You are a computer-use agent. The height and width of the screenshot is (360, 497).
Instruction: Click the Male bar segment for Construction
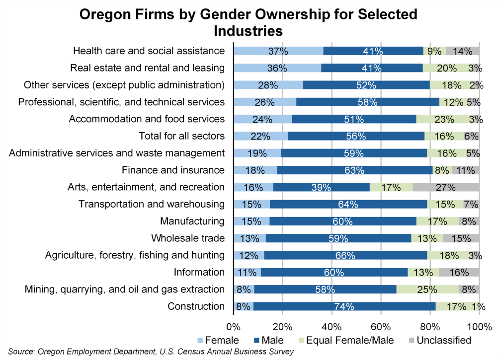pyautogui.click(x=344, y=306)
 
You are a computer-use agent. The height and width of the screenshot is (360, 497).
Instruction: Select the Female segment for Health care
pyautogui.click(x=278, y=51)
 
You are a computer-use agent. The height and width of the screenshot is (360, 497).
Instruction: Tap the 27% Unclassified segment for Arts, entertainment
pyautogui.click(x=446, y=187)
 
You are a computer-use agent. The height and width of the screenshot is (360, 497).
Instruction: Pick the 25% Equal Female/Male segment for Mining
pyautogui.click(x=427, y=289)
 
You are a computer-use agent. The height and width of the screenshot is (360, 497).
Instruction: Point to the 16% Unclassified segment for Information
pyautogui.click(x=459, y=272)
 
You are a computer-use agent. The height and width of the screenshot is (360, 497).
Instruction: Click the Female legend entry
pyautogui.click(x=218, y=340)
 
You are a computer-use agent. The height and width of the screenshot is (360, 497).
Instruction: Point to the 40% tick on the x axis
pyautogui.click(x=331, y=327)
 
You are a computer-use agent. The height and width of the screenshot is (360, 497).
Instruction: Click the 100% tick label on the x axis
pyautogui.click(x=479, y=327)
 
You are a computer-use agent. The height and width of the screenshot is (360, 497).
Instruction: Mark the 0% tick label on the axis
pyautogui.click(x=234, y=327)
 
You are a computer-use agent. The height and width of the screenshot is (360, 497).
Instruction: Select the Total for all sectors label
pyautogui.click(x=181, y=136)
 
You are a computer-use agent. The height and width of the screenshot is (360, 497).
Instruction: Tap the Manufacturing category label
pyautogui.click(x=192, y=221)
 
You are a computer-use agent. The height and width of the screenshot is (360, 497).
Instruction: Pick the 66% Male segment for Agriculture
pyautogui.click(x=345, y=255)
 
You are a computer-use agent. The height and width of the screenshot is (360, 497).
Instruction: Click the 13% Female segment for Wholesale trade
pyautogui.click(x=249, y=238)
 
